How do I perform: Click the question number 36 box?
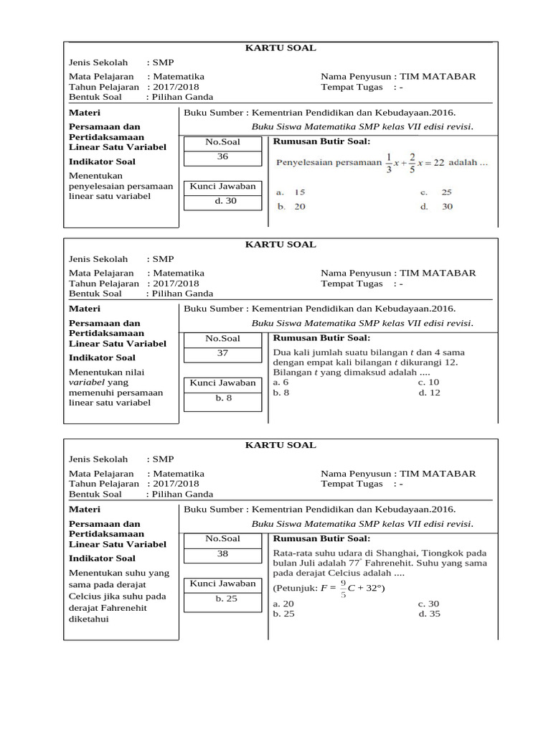222,156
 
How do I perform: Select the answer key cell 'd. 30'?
222,201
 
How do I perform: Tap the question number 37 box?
222,353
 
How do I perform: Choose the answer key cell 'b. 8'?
222,398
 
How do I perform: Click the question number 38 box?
222,553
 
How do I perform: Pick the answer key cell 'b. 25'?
222,598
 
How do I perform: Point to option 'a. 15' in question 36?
291,192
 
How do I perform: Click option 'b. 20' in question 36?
291,207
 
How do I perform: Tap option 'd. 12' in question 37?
430,393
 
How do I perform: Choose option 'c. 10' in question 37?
429,383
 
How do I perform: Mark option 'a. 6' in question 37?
281,383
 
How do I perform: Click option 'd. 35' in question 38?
430,614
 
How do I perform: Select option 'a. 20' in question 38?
284,604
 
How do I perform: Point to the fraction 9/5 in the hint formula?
343,589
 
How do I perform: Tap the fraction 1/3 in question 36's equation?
388,162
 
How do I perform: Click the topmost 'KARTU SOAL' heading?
281,48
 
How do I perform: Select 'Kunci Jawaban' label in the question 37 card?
222,383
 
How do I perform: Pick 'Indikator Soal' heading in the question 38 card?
102,558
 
